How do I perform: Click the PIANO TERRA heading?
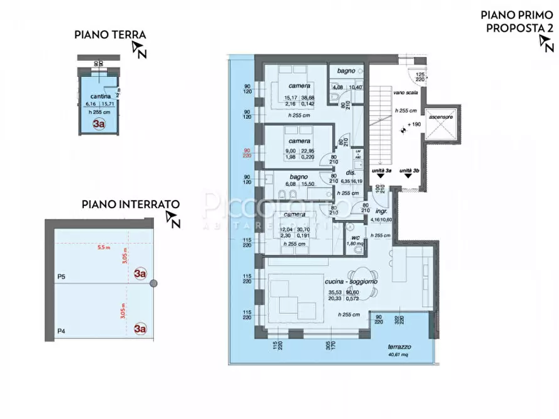pyautogui.click(x=110, y=35)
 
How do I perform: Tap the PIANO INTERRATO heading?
pyautogui.click(x=131, y=204)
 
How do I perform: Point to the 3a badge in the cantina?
pyautogui.click(x=99, y=124)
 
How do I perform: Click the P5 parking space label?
pyautogui.click(x=61, y=276)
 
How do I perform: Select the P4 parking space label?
pyautogui.click(x=61, y=331)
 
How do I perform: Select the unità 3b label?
pyautogui.click(x=409, y=171)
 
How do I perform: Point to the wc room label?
pyautogui.click(x=354, y=238)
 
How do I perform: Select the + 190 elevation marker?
pyautogui.click(x=411, y=125)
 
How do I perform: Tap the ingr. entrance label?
pyautogui.click(x=377, y=212)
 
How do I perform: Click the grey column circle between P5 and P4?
pyautogui.click(x=153, y=283)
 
